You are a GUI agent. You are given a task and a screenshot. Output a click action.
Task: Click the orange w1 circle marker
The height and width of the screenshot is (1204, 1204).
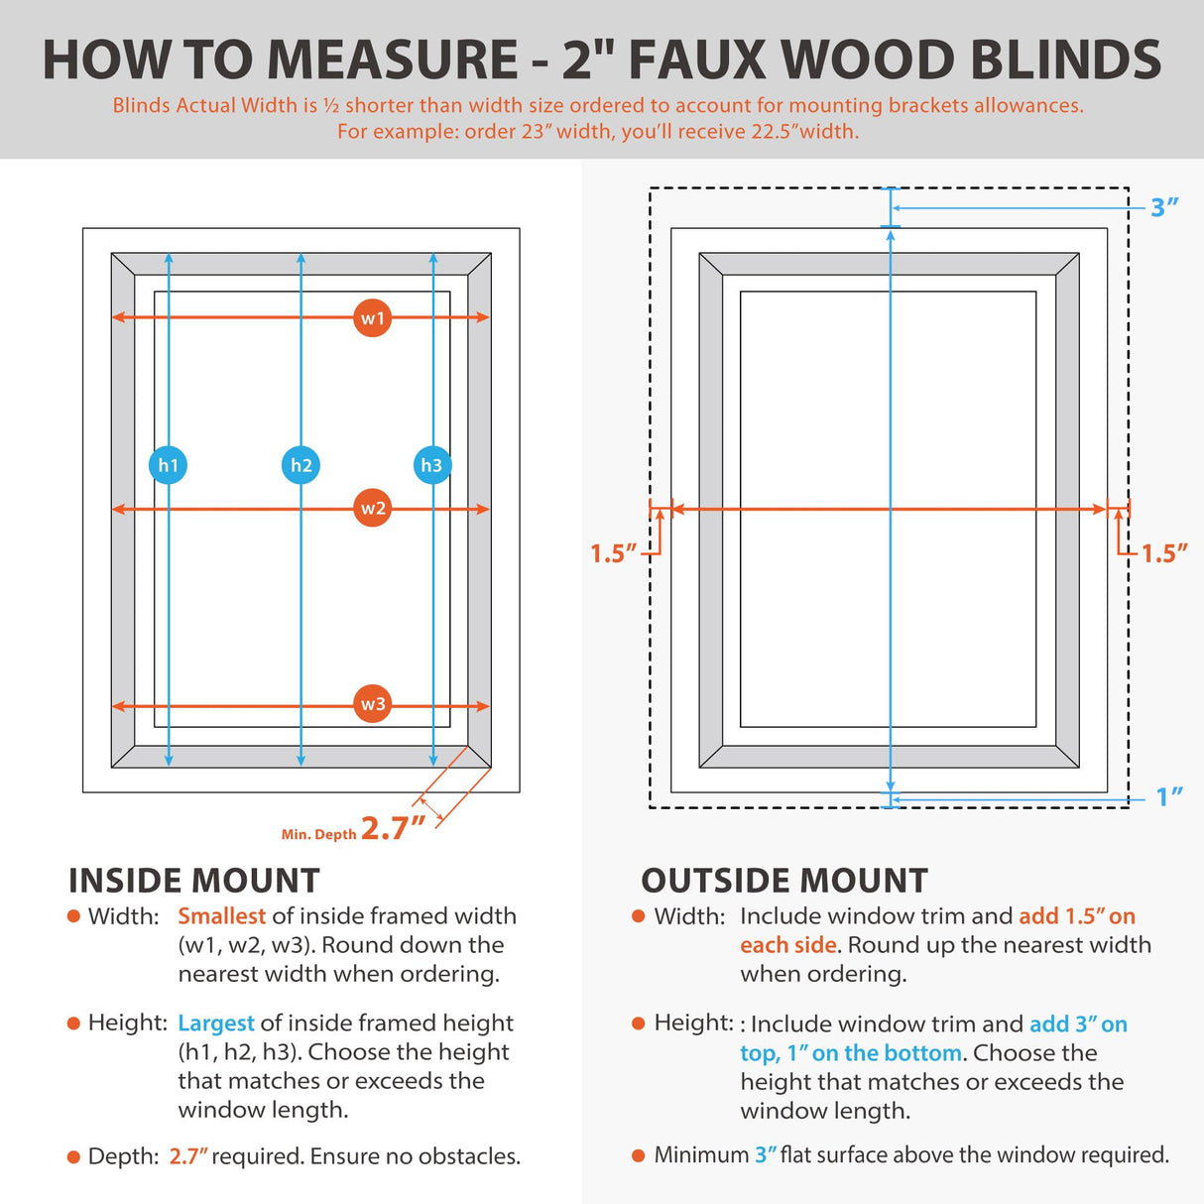372,318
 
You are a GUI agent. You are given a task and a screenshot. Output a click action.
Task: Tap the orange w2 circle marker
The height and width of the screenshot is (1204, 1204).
372,509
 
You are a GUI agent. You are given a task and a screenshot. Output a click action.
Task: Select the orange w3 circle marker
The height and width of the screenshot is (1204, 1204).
372,704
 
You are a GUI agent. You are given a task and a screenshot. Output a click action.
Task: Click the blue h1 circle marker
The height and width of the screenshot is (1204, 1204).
168,465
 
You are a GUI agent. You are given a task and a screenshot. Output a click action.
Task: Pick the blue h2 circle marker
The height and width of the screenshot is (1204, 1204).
301,465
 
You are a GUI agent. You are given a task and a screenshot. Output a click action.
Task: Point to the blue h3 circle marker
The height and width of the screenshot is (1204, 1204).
431,465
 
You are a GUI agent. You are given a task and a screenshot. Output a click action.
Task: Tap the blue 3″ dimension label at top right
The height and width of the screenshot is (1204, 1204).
1164,207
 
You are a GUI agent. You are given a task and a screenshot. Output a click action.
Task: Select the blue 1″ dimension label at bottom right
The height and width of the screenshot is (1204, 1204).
1169,797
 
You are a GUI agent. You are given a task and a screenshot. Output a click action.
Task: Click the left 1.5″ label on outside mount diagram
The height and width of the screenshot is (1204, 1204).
613,553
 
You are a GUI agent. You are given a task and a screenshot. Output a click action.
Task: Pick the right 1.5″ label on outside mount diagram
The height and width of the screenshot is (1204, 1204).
1164,553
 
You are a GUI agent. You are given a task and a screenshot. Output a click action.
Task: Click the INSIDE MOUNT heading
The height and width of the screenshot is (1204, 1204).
194,881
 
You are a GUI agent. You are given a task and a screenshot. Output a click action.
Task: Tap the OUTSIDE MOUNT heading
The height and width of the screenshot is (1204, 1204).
784,881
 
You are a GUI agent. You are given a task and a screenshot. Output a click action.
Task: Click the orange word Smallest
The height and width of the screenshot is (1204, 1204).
221,916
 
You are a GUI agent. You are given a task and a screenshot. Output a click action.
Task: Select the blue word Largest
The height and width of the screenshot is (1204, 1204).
215,1023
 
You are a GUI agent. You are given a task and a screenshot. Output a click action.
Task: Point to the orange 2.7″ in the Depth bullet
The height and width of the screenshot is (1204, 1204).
188,1156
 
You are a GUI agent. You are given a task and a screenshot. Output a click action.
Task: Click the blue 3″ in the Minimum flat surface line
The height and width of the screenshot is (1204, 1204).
766,1155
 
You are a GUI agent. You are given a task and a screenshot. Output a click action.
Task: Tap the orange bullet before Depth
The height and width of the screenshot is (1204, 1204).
73,1156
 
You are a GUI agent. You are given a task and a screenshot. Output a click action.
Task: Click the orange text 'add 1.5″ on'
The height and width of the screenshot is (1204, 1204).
1077,916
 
